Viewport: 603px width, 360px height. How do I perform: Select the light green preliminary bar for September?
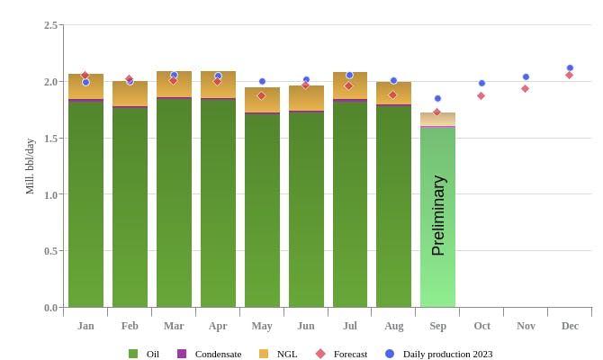click(437, 270)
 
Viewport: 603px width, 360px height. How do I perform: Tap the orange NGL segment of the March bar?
click(174, 85)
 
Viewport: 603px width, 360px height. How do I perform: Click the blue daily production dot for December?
click(570, 67)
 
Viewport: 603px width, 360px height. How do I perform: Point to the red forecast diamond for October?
click(481, 95)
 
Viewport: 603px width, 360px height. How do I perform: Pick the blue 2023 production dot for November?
click(526, 76)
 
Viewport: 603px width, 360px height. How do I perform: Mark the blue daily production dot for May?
click(262, 81)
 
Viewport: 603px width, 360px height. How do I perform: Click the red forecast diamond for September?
click(437, 112)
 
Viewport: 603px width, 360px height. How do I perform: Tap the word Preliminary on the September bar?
click(438, 216)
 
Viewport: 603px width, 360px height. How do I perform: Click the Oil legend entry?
click(145, 354)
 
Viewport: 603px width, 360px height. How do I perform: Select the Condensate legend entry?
click(210, 354)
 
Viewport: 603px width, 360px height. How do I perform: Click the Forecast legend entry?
click(342, 354)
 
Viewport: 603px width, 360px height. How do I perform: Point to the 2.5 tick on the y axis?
click(51, 25)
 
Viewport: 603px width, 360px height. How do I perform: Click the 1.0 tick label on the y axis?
click(51, 194)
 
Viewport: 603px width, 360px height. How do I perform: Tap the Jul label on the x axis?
click(350, 326)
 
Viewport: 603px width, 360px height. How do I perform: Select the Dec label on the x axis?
click(570, 326)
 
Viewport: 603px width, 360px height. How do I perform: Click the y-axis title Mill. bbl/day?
click(30, 166)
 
